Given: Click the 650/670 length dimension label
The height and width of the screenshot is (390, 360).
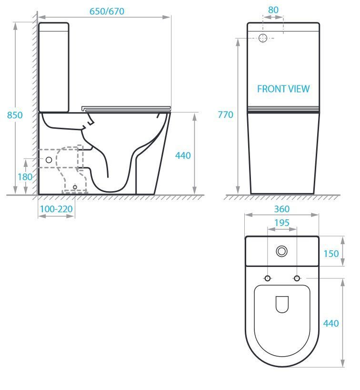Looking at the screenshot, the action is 107,11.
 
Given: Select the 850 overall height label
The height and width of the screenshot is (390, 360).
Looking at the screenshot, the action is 15,115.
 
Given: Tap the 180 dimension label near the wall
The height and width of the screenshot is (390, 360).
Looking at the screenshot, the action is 25,177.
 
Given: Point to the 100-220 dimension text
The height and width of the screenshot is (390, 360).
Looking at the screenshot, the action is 56,209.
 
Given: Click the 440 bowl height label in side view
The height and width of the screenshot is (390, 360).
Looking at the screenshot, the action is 183,156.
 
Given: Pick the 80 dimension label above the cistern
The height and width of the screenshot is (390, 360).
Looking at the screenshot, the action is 273,10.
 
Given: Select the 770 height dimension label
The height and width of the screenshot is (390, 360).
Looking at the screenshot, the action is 226,114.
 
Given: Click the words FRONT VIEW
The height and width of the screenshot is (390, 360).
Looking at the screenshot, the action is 283,89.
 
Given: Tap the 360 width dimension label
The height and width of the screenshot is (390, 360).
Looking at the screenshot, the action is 282,209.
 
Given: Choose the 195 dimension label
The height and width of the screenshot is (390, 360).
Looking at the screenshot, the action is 282,223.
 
